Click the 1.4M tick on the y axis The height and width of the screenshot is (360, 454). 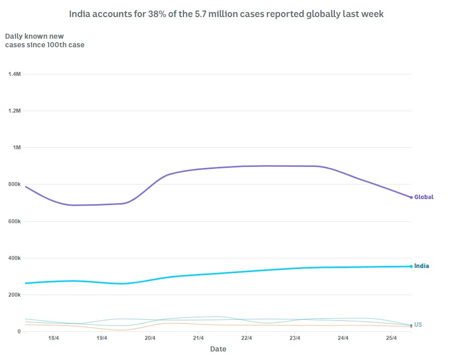(x=14, y=74)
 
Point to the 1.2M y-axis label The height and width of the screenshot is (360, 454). (x=14, y=111)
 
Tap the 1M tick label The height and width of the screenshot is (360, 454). (x=17, y=148)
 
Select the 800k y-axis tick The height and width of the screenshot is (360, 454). (x=14, y=185)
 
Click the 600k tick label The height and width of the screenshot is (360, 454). (x=14, y=221)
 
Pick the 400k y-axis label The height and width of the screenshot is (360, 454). (x=14, y=258)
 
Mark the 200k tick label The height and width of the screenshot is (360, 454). (x=14, y=295)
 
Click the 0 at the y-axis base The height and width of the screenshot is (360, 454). (x=19, y=332)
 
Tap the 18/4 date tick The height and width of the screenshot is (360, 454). (x=53, y=338)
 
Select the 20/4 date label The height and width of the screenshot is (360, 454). (x=150, y=338)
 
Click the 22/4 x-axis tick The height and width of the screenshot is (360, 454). (x=246, y=338)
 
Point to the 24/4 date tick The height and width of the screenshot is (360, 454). (x=343, y=338)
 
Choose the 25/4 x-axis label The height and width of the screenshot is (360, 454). (x=392, y=338)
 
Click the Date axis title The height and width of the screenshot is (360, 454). (x=218, y=349)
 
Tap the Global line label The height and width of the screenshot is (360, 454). (x=424, y=197)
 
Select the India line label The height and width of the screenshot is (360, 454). (x=422, y=266)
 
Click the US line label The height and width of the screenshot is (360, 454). (x=418, y=325)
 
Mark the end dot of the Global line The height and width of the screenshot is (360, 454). (x=411, y=197)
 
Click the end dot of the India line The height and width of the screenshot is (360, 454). (x=411, y=266)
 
